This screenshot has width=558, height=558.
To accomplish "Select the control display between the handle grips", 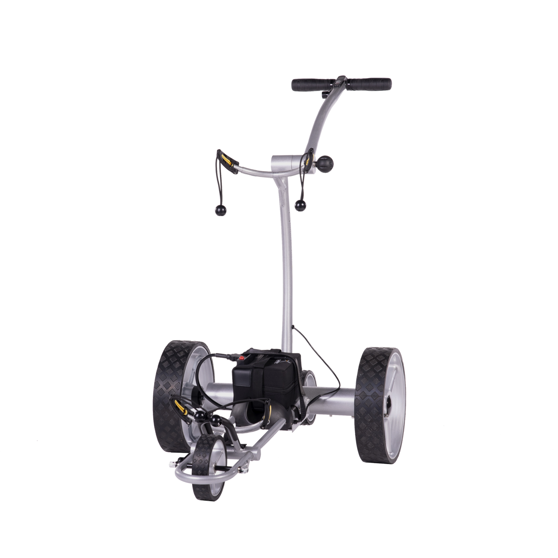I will pyautogui.click(x=340, y=81).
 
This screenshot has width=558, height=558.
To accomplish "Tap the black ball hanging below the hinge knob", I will pyautogui.click(x=299, y=205).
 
